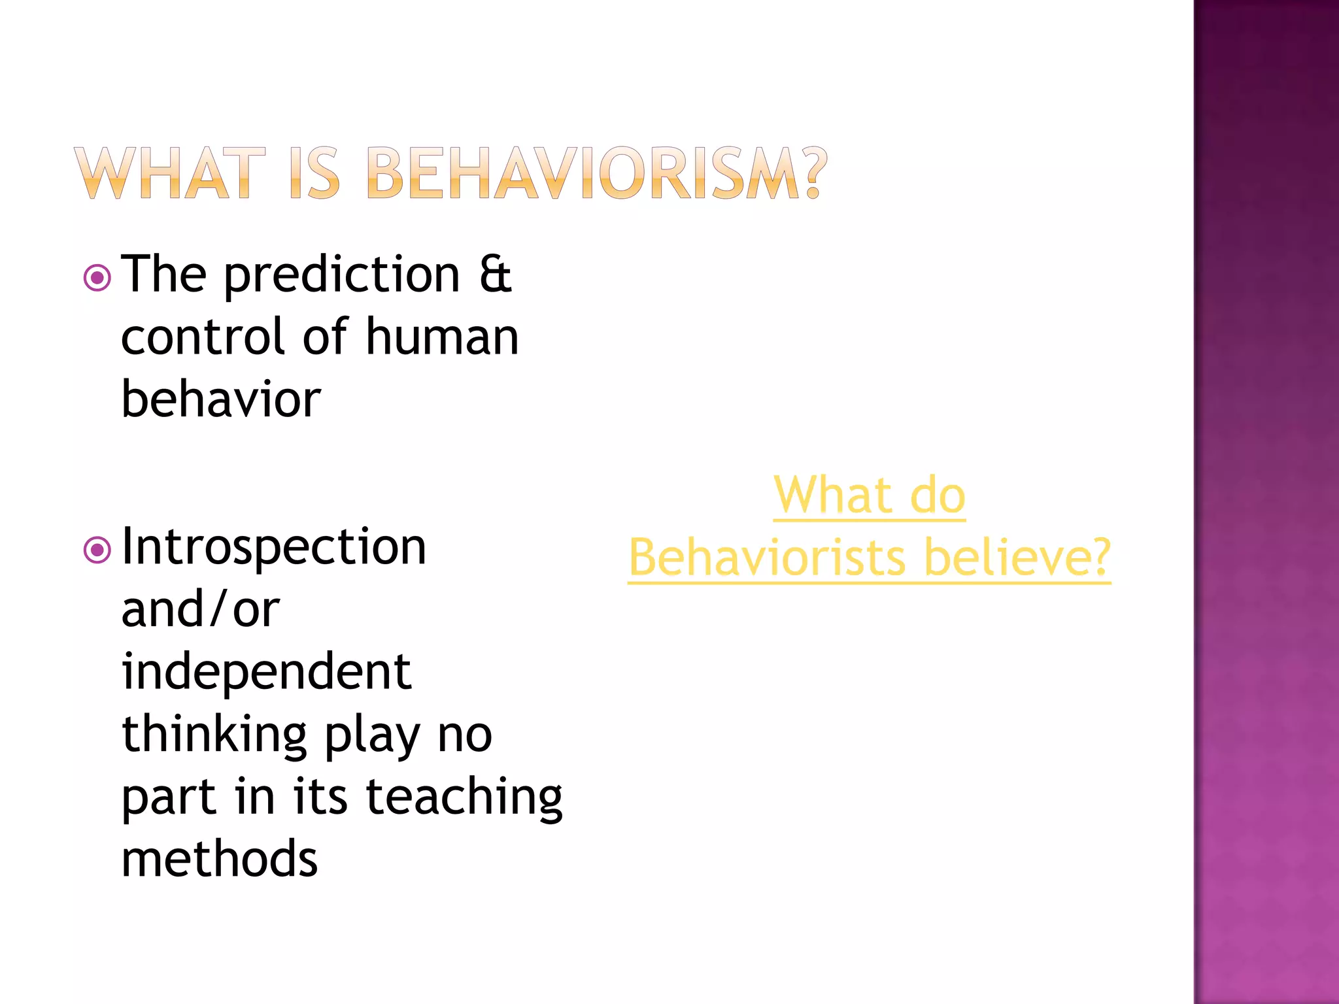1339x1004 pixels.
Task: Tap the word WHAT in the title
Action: click(170, 173)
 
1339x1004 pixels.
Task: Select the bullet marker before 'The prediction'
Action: click(97, 278)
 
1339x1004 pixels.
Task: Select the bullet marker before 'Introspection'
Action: click(97, 550)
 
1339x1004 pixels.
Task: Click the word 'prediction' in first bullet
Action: click(342, 275)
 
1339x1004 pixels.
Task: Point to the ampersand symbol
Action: click(495, 275)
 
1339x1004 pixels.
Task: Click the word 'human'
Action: click(442, 337)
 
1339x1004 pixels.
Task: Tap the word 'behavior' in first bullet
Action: click(221, 399)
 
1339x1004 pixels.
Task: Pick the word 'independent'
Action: click(266, 672)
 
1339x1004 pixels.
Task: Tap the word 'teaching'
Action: click(464, 797)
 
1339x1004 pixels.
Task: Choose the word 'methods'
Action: click(220, 859)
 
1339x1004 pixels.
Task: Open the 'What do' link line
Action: click(869, 495)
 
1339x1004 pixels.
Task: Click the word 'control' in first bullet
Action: click(203, 337)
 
